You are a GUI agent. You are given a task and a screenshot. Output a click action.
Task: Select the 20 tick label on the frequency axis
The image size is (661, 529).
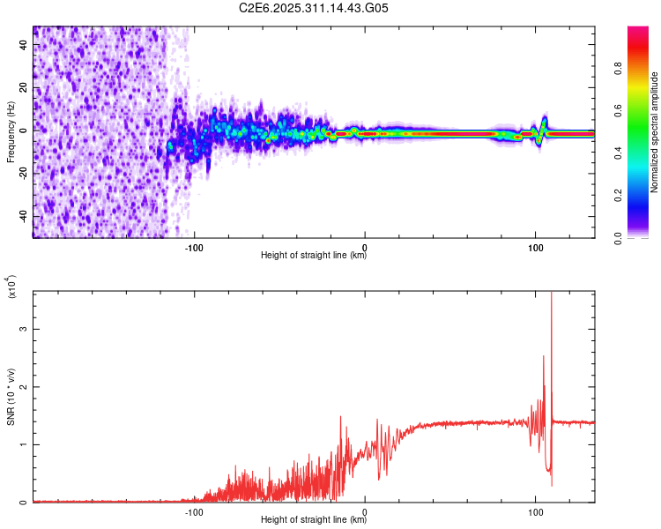[24, 87]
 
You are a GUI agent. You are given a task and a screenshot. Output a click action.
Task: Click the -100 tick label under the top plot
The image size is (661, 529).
[195, 246]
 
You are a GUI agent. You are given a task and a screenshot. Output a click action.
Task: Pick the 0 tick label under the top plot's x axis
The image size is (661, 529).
[365, 246]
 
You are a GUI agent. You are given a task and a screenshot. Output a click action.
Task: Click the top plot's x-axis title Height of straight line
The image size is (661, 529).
[314, 257]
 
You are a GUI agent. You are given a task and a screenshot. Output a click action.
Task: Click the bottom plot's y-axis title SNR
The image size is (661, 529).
[11, 397]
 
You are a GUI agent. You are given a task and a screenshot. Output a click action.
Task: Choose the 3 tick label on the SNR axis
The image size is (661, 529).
[24, 329]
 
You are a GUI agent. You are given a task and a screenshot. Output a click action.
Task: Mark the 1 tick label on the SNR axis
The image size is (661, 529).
[24, 444]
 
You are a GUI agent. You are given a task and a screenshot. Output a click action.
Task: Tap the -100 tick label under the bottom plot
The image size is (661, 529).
[195, 510]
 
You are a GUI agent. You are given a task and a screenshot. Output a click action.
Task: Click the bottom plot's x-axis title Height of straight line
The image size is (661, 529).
[314, 521]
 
